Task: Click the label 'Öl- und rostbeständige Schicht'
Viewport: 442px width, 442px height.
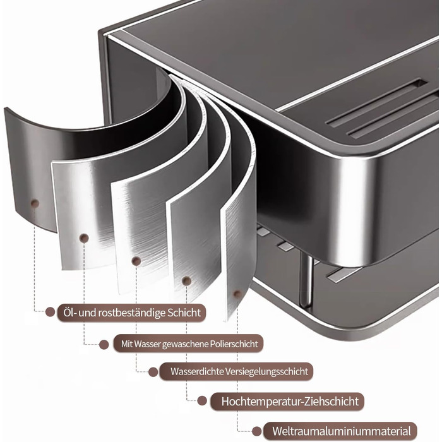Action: (x=132, y=313)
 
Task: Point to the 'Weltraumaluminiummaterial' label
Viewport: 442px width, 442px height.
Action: (x=341, y=431)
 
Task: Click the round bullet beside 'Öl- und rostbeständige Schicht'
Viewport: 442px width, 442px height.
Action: (x=50, y=312)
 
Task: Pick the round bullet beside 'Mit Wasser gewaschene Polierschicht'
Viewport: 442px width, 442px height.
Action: (x=104, y=345)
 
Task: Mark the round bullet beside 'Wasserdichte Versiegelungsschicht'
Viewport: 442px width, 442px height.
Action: (x=153, y=372)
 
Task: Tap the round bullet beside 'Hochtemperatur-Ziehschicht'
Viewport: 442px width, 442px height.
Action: (x=202, y=401)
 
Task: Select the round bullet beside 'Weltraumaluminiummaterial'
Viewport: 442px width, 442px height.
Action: (x=256, y=431)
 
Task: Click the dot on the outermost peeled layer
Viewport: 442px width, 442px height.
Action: (x=35, y=203)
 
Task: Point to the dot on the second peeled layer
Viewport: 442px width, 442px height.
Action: (x=84, y=238)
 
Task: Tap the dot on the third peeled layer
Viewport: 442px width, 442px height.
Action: (x=136, y=261)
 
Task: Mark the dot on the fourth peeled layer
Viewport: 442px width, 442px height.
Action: (x=187, y=281)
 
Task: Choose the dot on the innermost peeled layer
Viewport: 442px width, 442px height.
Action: (x=237, y=295)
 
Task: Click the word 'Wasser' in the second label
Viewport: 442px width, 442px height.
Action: (x=147, y=344)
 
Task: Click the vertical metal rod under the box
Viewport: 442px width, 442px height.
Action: (x=306, y=279)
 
